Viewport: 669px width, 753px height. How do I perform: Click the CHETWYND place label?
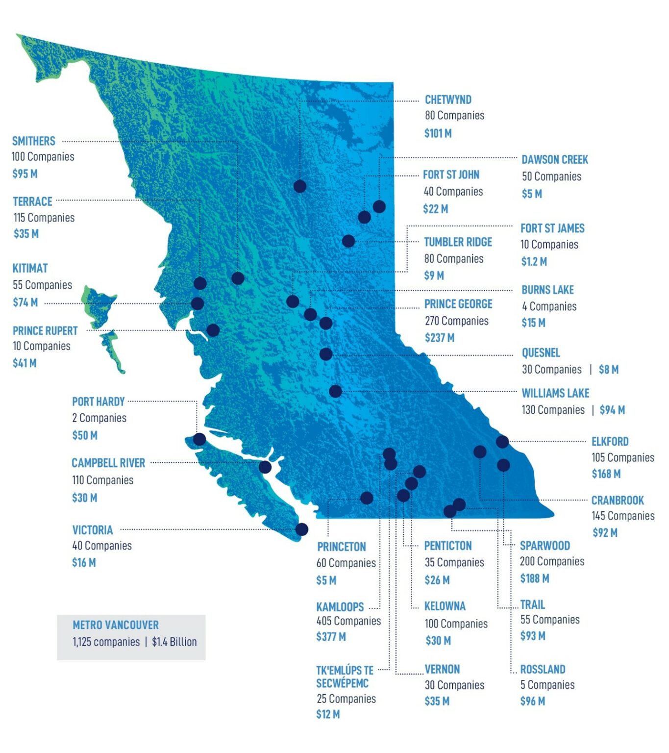[x=448, y=100]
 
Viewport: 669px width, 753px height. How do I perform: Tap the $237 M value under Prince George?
[x=440, y=338]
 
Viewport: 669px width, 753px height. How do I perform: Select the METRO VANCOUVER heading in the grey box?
[x=116, y=625]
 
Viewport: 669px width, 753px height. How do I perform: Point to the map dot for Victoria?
[x=302, y=529]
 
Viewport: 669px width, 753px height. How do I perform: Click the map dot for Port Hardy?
[x=199, y=439]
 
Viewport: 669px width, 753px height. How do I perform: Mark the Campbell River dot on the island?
[x=265, y=467]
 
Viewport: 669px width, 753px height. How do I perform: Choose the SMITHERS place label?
[x=34, y=141]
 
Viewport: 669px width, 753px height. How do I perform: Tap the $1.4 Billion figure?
[x=174, y=642]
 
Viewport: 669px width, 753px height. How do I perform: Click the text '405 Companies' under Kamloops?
[x=348, y=621]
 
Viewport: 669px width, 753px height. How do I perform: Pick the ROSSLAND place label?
[x=543, y=670]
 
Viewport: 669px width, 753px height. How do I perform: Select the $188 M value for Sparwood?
[x=535, y=578]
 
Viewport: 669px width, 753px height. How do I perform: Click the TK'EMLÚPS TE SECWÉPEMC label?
[x=345, y=677]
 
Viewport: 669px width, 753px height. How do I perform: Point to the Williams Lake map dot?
[x=336, y=391]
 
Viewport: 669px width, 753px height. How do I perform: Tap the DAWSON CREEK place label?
[x=555, y=160]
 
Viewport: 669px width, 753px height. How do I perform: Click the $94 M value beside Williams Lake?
[x=612, y=410]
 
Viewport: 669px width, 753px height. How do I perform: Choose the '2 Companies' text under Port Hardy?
[x=99, y=418]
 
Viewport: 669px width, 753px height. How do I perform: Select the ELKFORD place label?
[x=610, y=442]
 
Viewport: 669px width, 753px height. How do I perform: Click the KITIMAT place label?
[x=30, y=269]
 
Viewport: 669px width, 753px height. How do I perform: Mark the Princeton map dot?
[x=367, y=498]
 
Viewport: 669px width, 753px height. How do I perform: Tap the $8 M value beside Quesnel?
[x=609, y=370]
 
